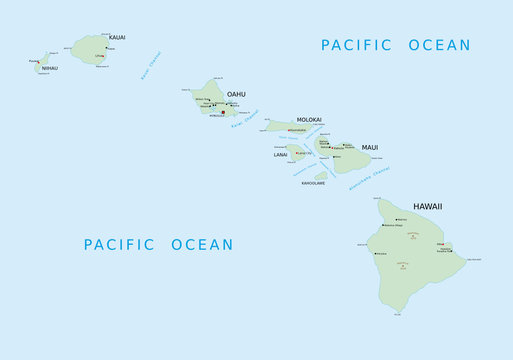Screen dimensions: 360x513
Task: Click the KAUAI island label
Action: (117, 37)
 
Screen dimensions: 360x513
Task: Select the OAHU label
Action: (236, 94)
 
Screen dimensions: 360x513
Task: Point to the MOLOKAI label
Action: (309, 120)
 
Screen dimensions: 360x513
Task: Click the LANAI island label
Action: (280, 155)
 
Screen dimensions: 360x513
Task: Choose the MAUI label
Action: (370, 147)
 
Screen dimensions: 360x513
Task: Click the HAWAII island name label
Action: (427, 206)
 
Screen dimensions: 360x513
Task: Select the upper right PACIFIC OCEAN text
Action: (395, 45)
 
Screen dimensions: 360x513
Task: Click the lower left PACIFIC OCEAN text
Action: (158, 244)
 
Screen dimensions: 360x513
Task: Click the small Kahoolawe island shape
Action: (321, 175)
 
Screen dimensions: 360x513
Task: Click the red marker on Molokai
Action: (289, 130)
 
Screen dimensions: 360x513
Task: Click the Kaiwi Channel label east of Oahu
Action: (246, 124)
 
